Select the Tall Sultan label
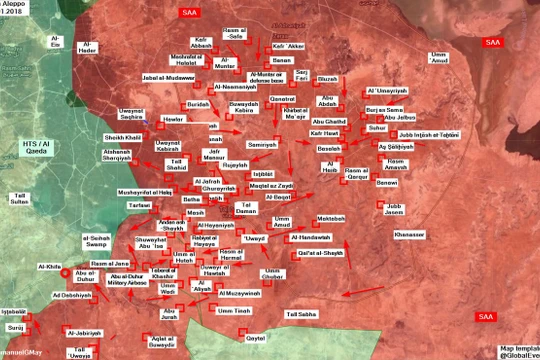point(20,198)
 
